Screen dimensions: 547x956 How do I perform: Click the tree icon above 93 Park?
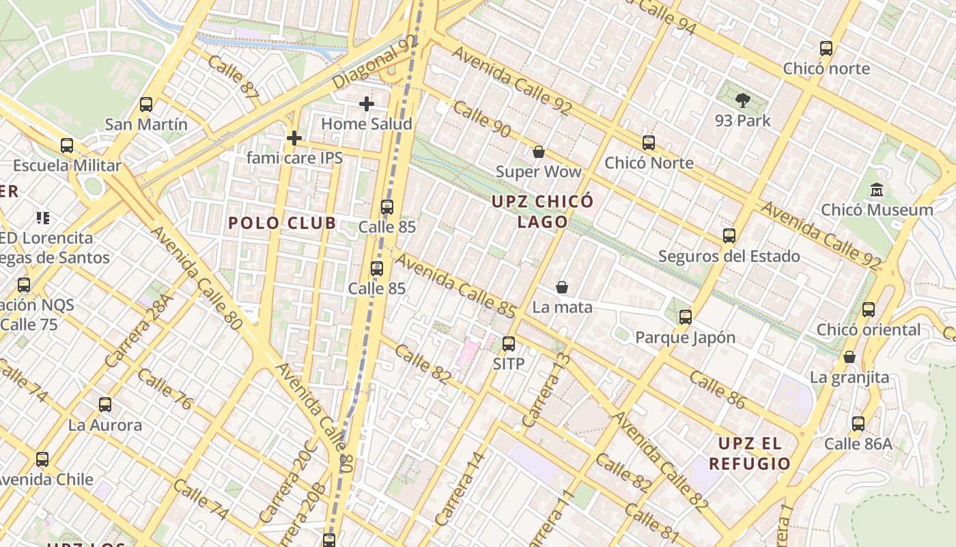742,101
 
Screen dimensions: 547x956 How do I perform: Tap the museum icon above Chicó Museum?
877,189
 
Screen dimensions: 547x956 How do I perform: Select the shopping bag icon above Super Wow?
538,152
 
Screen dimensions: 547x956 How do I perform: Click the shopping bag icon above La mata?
562,287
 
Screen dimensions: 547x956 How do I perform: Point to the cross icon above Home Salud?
367,104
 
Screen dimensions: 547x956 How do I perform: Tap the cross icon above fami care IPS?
294,138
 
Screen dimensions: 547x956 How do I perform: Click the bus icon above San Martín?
145,105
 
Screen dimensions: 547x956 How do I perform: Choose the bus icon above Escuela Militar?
66,145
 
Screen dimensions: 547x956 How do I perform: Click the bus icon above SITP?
509,344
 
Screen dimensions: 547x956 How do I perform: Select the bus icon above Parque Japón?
685,317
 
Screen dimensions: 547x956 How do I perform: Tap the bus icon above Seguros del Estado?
729,236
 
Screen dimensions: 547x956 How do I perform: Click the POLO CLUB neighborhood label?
282,223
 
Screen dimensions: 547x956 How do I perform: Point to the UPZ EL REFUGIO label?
749,453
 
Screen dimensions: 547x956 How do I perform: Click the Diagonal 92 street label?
375,62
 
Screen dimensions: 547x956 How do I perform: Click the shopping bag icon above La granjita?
849,357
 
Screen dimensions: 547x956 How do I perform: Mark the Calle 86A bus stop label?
858,444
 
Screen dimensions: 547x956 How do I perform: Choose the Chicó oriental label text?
869,330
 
